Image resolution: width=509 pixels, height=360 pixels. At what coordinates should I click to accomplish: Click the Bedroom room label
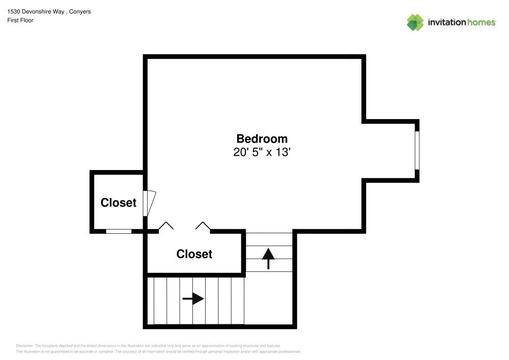click(262, 139)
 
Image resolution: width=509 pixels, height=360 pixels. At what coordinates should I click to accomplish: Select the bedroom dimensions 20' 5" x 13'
click(262, 152)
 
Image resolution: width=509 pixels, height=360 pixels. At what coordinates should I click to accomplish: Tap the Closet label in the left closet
click(119, 203)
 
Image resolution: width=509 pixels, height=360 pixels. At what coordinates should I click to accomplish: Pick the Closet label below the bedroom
click(194, 254)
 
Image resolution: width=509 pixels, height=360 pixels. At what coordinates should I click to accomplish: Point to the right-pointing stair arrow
click(193, 299)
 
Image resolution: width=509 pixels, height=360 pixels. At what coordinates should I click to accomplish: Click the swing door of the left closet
click(149, 203)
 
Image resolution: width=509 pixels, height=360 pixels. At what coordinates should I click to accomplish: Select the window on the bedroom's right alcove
click(417, 150)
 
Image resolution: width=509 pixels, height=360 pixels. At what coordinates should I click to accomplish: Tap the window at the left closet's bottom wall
click(119, 231)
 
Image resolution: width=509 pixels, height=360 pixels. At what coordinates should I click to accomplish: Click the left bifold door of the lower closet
click(165, 226)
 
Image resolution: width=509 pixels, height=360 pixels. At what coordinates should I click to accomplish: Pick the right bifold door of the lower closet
click(203, 226)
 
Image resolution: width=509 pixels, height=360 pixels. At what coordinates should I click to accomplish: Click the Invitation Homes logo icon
click(415, 22)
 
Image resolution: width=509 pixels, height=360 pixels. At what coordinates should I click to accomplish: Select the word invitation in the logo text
click(446, 22)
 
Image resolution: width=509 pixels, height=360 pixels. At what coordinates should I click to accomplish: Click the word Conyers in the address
click(80, 11)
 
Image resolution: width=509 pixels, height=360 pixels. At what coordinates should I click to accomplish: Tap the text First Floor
click(20, 20)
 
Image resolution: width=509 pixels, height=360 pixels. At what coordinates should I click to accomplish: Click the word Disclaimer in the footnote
click(24, 345)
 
